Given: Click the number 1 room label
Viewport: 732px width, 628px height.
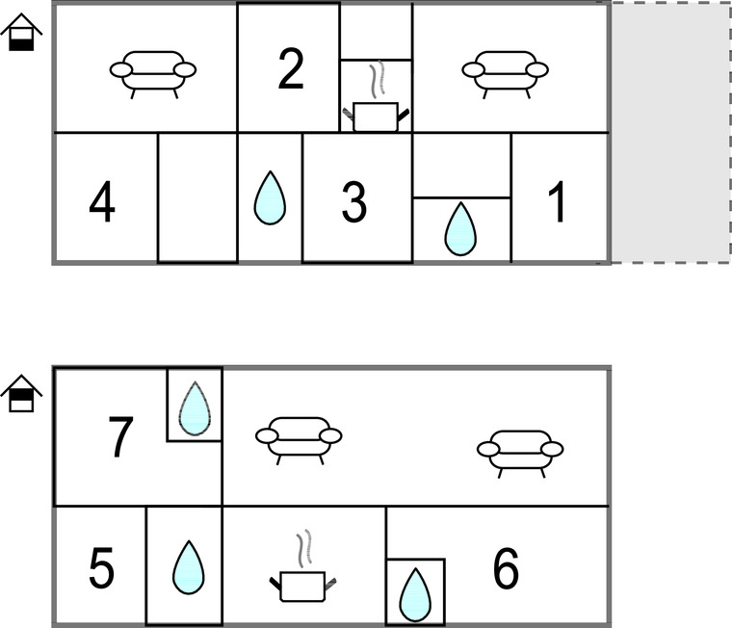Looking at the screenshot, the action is [x=557, y=201].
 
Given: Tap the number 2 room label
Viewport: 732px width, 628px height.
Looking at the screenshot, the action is [x=291, y=68].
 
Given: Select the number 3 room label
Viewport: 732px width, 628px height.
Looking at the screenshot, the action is [x=354, y=202].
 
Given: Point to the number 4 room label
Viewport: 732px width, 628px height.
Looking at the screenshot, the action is [x=102, y=202].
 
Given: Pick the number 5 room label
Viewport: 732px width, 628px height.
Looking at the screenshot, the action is [x=101, y=569].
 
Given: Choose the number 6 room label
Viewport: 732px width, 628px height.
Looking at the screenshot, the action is [x=506, y=568].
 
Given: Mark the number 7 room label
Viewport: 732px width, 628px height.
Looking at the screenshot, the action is [x=120, y=437].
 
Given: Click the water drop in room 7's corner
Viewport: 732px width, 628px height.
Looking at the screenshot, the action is [x=196, y=408].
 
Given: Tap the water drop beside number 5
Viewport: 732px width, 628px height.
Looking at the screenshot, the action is [x=189, y=567].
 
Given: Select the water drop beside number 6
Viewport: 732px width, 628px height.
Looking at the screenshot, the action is [x=415, y=595].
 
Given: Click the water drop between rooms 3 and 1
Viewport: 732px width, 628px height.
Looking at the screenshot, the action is [x=460, y=229].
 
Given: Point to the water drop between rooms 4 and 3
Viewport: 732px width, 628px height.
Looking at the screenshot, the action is [x=270, y=197].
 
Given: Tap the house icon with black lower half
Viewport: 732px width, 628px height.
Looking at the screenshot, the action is [x=21, y=32].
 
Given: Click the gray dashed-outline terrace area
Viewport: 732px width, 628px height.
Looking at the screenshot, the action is [x=671, y=133].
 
